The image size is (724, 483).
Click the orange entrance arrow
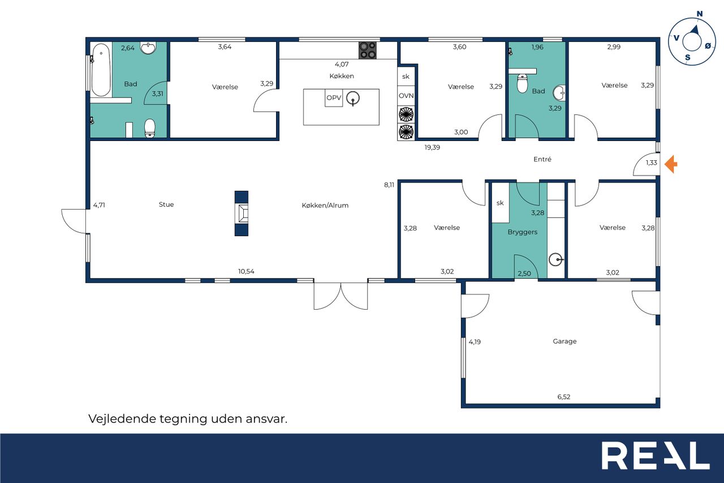click(x=671, y=164)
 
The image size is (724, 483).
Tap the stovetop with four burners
click(x=368, y=50)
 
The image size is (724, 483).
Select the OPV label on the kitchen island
click(x=334, y=97)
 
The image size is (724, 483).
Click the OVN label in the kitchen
click(x=406, y=96)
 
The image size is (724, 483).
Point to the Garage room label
click(x=564, y=341)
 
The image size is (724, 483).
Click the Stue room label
click(x=166, y=204)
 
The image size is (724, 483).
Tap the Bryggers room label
click(x=522, y=232)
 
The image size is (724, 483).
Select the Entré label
click(x=542, y=159)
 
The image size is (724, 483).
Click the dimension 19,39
click(x=432, y=148)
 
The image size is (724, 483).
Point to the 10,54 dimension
click(x=246, y=271)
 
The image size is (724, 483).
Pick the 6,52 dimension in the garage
click(x=564, y=397)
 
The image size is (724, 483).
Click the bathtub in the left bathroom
click(x=101, y=70)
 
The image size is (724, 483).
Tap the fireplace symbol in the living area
click(x=242, y=213)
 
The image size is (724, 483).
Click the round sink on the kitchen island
click(x=353, y=98)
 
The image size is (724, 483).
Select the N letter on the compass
click(x=700, y=14)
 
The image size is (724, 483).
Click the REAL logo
click(x=656, y=456)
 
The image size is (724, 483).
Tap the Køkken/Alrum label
click(x=325, y=206)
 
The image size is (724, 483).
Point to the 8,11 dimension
click(x=389, y=185)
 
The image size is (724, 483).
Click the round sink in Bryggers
click(x=555, y=259)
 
